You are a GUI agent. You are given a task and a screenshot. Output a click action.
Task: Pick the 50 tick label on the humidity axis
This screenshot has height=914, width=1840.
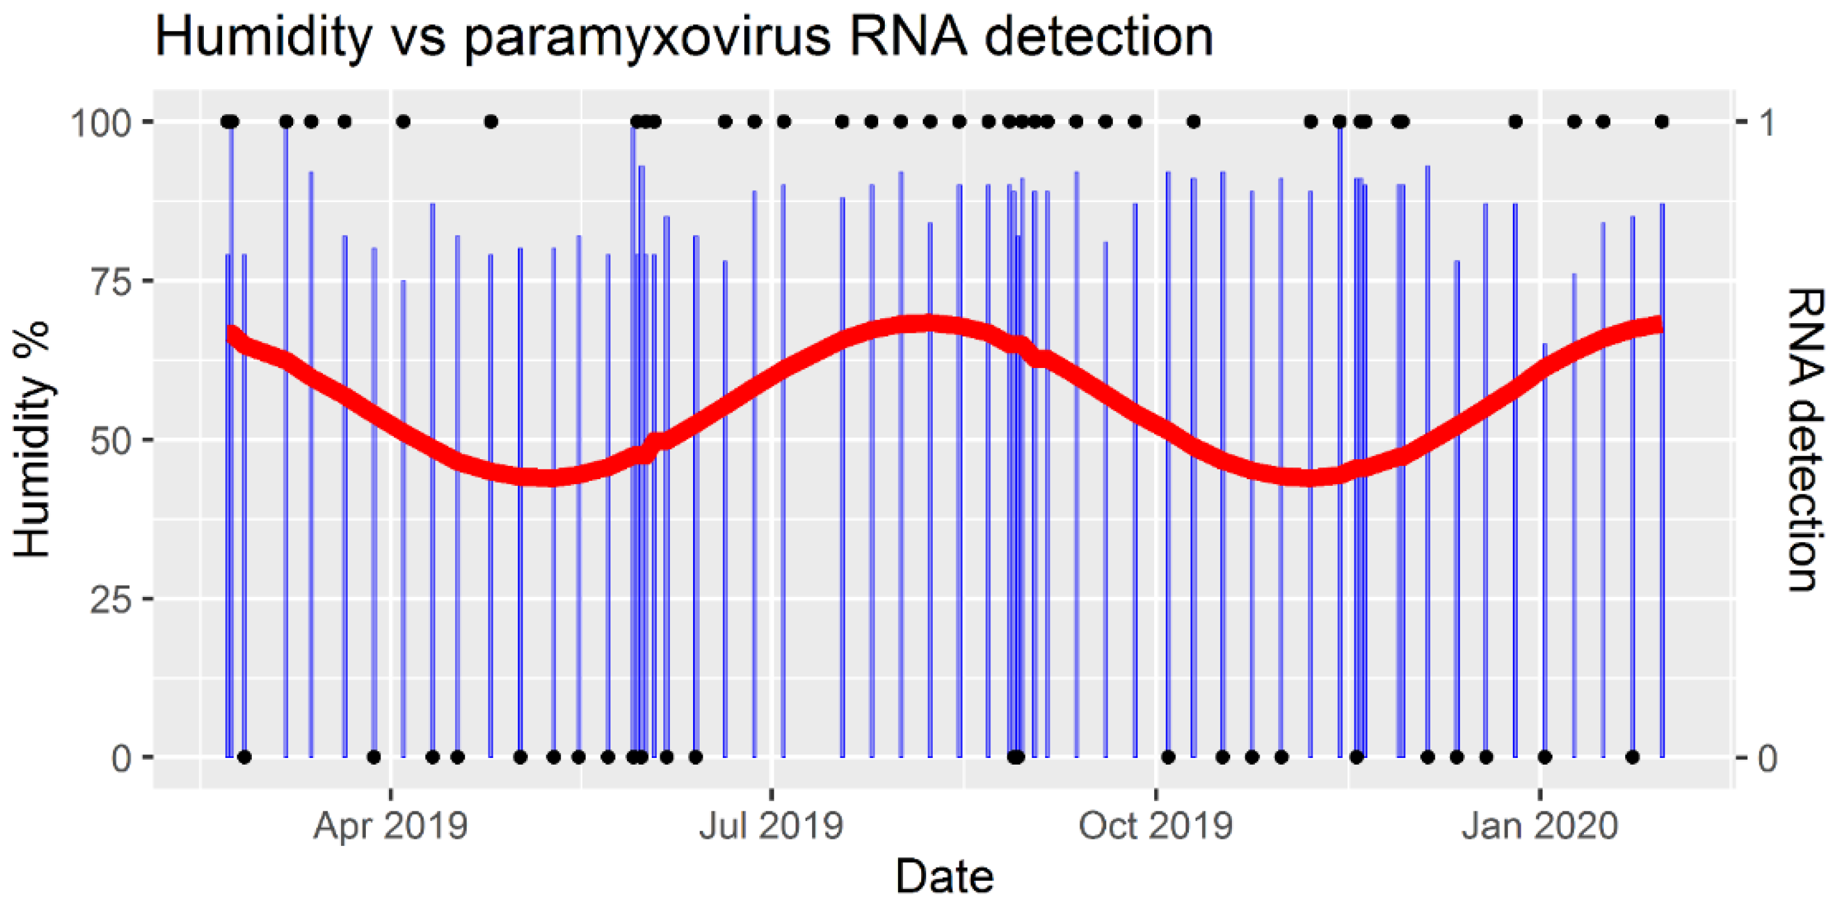pos(110,440)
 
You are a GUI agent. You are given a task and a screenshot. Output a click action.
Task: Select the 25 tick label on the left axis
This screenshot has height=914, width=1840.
pos(110,599)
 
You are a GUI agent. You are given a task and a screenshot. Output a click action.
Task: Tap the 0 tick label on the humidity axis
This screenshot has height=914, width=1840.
pos(121,758)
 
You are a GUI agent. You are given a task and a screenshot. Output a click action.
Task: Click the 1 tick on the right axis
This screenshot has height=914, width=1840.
pos(1767,123)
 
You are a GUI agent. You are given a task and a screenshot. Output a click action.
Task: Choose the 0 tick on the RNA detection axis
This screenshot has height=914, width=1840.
pos(1767,758)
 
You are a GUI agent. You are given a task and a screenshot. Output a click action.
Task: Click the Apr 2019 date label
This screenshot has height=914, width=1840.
pos(390,827)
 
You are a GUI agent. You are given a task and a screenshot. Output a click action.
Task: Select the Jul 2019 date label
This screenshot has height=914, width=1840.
pos(771,827)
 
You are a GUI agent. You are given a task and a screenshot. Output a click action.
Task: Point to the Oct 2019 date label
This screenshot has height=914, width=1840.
pos(1155,827)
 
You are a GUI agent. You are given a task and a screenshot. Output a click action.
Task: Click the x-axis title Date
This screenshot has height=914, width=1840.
pos(944,877)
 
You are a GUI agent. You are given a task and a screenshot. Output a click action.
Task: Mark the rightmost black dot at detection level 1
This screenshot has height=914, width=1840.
pos(1662,121)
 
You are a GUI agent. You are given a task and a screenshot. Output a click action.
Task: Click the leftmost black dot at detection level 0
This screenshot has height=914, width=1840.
pos(245,757)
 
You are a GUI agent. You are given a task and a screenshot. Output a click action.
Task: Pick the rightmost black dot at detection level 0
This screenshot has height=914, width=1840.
pos(1632,757)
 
